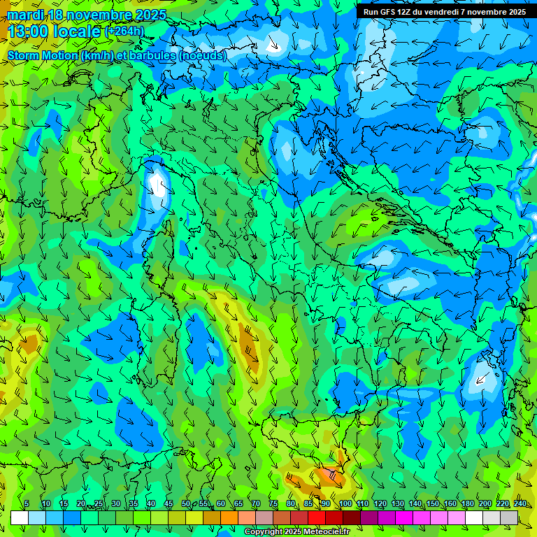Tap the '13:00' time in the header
click(x=27, y=31)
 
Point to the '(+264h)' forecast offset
click(x=124, y=31)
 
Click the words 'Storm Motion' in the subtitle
click(x=43, y=56)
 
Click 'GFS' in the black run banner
click(x=392, y=12)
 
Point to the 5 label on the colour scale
click(x=27, y=504)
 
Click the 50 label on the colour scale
click(x=185, y=504)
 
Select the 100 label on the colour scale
click(x=345, y=504)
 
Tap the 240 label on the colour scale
click(x=520, y=504)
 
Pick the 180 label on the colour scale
click(x=467, y=504)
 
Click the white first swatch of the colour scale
click(x=20, y=517)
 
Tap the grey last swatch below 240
click(x=509, y=517)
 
